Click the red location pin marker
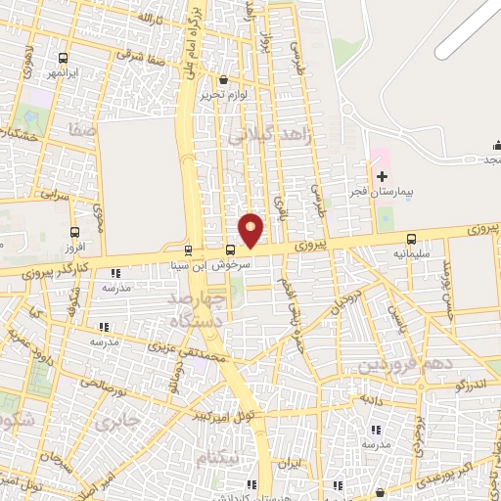point(250,230)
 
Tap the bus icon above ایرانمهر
point(64,57)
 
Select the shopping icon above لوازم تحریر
point(224,80)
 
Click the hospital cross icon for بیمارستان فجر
point(383,175)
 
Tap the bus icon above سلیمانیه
point(411,238)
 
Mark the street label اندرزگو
point(475,386)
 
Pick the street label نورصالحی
point(97,385)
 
